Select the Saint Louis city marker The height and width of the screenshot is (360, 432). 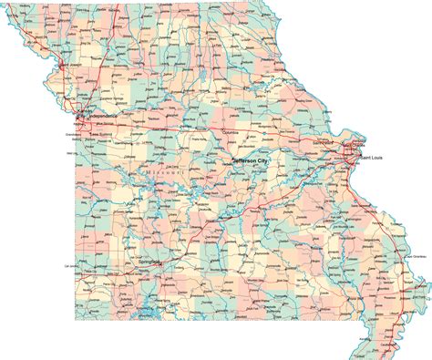352,152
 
